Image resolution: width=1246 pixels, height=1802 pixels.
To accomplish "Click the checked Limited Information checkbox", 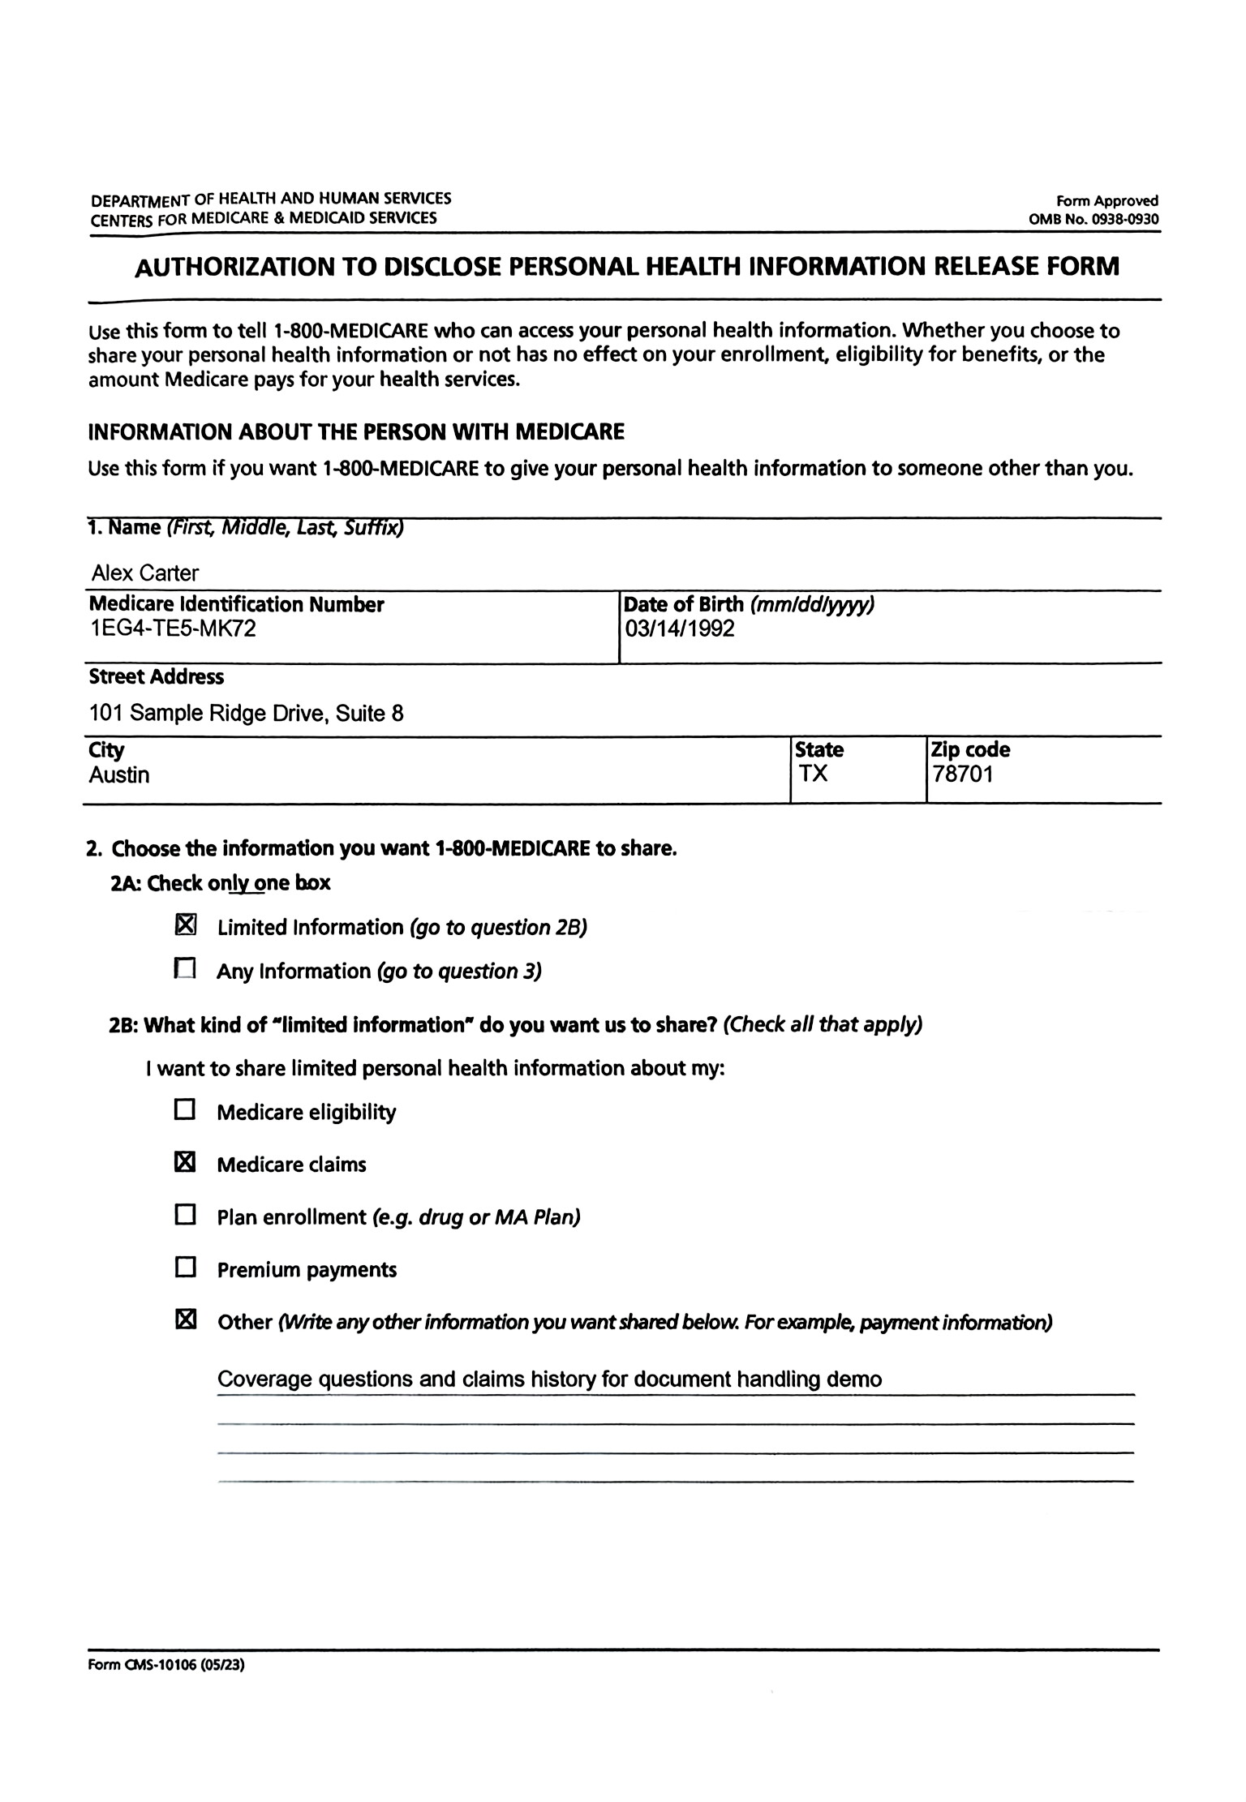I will (186, 925).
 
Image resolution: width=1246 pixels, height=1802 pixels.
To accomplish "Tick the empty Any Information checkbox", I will (186, 969).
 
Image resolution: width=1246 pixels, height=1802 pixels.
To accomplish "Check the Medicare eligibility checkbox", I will (186, 1110).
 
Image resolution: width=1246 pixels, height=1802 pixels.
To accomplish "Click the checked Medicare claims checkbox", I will (186, 1163).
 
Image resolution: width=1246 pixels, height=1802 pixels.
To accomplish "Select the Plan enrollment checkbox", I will (186, 1215).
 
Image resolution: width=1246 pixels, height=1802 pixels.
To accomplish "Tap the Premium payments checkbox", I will (186, 1268).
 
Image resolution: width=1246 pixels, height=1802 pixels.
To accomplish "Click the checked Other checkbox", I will (186, 1320).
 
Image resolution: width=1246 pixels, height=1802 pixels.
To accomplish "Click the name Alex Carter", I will (145, 573).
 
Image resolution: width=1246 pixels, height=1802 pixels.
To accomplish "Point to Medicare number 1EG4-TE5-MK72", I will (173, 629).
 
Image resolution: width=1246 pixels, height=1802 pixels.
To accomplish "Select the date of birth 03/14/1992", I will (679, 629).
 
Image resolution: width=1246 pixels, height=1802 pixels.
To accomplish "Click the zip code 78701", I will (963, 774).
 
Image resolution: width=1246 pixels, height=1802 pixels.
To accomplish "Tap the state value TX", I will (813, 774).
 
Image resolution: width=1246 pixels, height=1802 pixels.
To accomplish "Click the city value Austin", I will (119, 774).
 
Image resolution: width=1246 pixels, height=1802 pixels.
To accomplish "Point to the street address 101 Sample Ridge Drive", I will (246, 714).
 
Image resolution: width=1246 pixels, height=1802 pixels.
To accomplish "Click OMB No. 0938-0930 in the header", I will (1093, 219).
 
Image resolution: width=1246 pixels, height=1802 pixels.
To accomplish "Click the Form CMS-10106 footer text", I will (166, 1666).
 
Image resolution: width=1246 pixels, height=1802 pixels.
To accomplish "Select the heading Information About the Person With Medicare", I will (356, 431).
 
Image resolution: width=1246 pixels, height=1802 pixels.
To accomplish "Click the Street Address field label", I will (157, 676).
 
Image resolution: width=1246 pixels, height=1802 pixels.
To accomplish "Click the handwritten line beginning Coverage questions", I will (549, 1379).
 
